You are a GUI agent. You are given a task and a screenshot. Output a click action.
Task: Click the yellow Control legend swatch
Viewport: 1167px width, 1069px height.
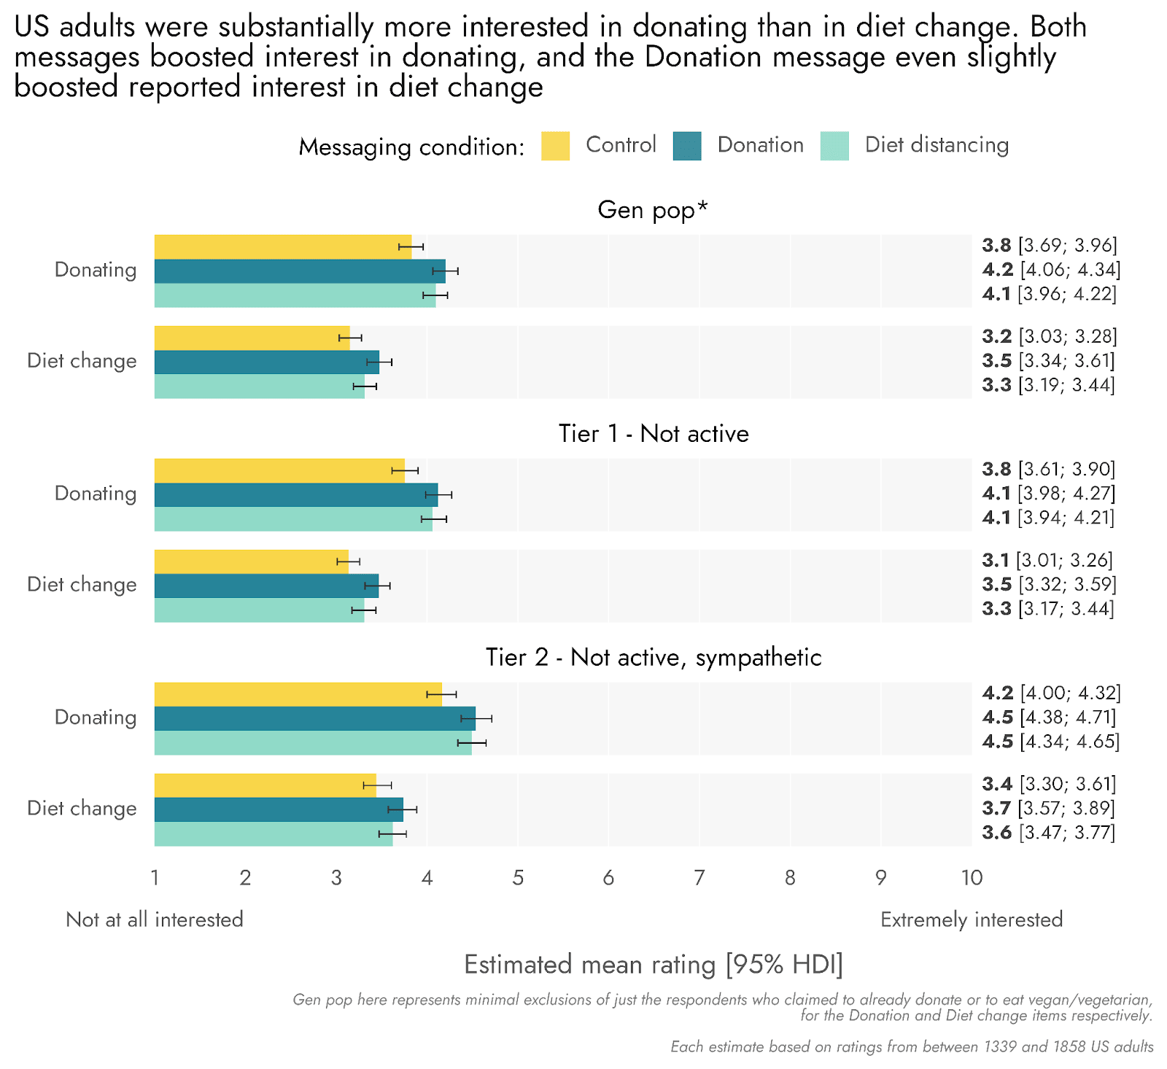tap(555, 146)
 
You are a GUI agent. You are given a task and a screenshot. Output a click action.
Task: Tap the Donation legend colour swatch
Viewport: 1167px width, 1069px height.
tap(687, 146)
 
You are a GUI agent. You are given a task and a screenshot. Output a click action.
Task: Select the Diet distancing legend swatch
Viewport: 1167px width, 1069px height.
tap(834, 146)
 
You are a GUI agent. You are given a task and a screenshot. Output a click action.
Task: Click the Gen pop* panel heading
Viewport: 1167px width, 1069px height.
tap(653, 210)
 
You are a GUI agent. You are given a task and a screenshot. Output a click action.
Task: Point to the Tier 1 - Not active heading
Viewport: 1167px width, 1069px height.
tap(654, 434)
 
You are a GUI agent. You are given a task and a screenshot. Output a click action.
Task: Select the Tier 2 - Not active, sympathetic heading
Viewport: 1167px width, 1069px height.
tap(654, 658)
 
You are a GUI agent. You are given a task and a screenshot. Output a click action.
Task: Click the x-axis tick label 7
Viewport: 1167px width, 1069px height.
tap(699, 878)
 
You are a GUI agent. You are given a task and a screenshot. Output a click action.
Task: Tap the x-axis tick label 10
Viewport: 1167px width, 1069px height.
tap(971, 878)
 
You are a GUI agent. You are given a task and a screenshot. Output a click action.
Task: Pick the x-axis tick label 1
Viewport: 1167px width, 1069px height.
tap(155, 878)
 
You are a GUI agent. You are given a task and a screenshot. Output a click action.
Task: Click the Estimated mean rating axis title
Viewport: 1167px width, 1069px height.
tap(653, 965)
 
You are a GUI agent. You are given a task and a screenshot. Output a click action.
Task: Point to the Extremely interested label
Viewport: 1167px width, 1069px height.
tap(971, 920)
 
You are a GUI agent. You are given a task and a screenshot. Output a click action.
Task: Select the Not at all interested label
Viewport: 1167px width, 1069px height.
tap(155, 920)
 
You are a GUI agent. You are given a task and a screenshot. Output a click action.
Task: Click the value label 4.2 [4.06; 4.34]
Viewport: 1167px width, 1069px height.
tap(1051, 270)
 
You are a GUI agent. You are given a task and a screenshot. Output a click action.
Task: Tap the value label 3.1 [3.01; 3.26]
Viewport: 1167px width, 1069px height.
tap(1047, 560)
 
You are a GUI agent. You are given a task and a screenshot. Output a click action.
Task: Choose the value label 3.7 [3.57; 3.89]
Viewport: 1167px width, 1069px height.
tap(1049, 808)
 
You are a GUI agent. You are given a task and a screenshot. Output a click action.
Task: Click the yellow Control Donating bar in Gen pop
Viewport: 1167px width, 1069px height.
tap(283, 246)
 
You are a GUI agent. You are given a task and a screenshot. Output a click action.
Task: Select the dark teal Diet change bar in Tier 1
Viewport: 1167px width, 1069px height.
tap(266, 586)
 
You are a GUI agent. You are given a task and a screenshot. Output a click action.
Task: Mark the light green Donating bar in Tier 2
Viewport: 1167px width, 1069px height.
tap(313, 743)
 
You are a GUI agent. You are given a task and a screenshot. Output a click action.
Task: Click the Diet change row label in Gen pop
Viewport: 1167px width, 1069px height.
tap(82, 361)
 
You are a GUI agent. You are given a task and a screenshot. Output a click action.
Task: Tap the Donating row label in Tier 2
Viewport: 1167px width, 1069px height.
tap(96, 718)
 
